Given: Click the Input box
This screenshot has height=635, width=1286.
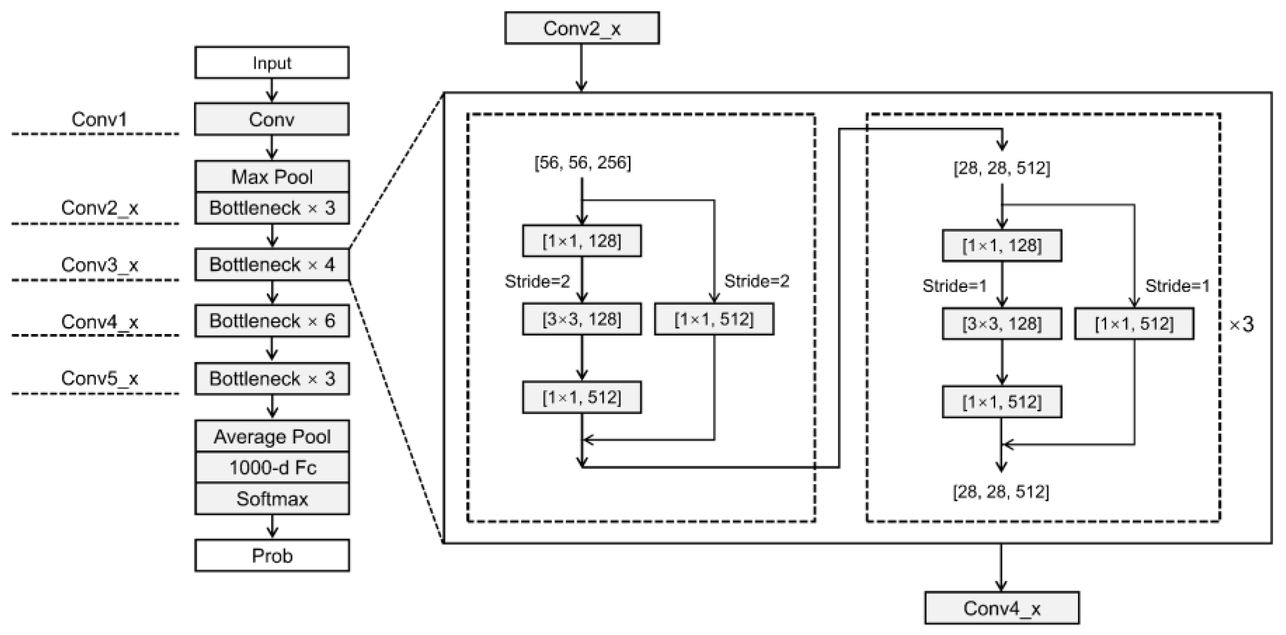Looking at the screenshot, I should tap(271, 63).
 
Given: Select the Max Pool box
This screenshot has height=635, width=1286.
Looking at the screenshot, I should tap(271, 177).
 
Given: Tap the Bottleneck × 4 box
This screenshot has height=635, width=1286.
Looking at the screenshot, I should tap(271, 264).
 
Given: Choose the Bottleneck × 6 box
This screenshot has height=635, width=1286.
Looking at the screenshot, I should tap(271, 321).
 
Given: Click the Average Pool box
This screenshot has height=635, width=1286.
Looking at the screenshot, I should tap(271, 437).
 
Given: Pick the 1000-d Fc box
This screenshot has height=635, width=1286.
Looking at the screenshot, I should tap(271, 468).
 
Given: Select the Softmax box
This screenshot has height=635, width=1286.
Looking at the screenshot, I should tap(271, 499).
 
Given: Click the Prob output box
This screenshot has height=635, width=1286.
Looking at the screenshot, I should tap(271, 556).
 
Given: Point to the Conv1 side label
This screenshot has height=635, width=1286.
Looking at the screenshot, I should tap(99, 119).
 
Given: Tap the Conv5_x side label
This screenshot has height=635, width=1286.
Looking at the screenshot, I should tap(100, 378).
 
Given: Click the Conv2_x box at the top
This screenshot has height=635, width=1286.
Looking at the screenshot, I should tap(582, 29).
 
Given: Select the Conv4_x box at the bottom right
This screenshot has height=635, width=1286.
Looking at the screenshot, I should tap(1001, 608).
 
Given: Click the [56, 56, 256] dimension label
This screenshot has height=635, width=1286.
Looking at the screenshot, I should tap(582, 163).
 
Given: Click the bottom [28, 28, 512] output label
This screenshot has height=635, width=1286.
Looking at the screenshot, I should tap(1000, 492).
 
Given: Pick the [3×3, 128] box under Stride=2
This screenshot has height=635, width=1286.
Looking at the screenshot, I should tap(582, 319).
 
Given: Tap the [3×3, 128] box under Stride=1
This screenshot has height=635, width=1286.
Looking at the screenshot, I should tap(1001, 324).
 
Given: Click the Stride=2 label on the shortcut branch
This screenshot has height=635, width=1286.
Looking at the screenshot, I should tap(757, 282).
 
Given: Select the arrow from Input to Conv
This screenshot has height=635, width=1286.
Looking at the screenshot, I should tap(271, 90).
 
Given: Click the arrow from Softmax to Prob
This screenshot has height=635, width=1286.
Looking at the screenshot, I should tap(271, 527).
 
